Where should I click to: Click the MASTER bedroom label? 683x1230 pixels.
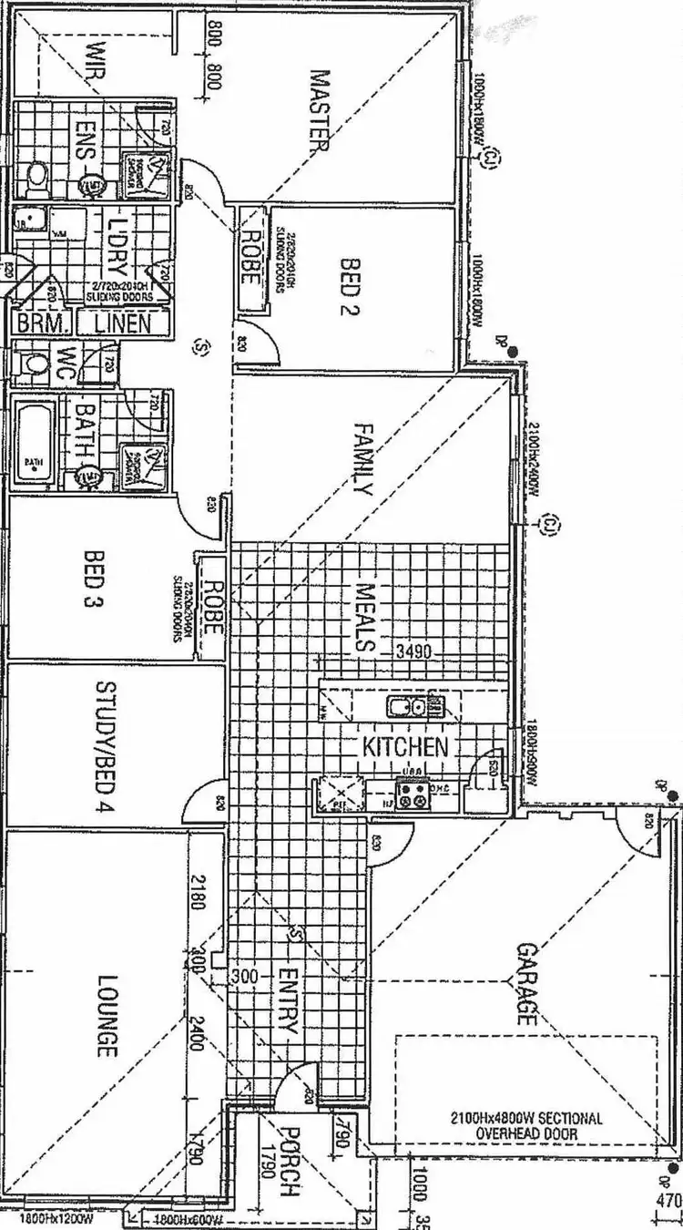tap(318, 112)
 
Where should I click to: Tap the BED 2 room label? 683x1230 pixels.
tap(350, 279)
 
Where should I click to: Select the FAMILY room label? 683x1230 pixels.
tap(362, 458)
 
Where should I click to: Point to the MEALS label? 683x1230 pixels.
tap(364, 618)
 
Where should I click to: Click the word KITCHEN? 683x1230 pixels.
tap(405, 748)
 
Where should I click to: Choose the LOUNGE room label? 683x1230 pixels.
tap(107, 1017)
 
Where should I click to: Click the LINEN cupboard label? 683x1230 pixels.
tap(122, 322)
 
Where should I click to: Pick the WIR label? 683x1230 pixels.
tap(95, 65)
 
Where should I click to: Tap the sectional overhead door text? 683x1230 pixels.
tap(526, 1126)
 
